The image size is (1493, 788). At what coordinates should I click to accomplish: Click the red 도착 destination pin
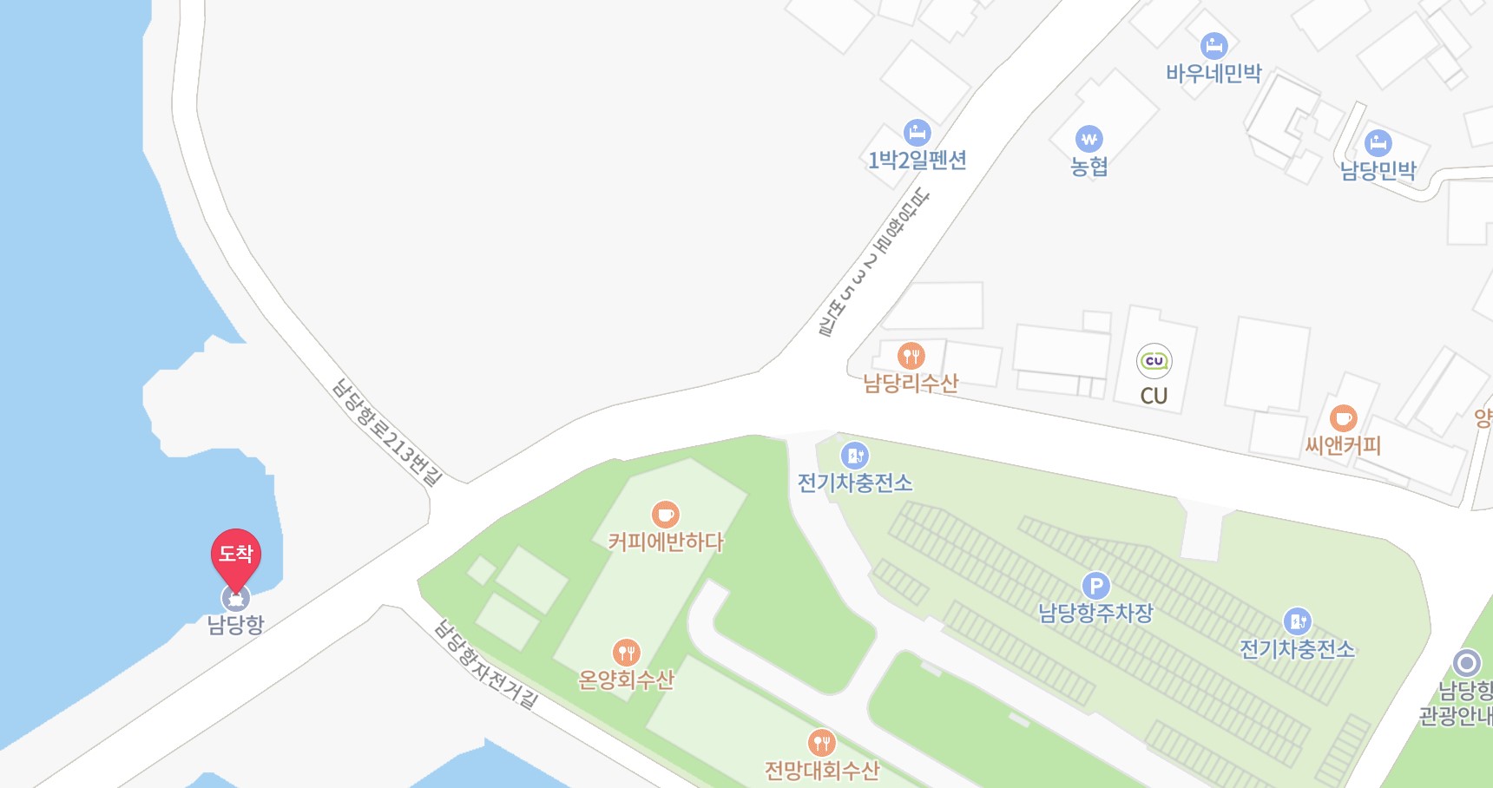point(235,555)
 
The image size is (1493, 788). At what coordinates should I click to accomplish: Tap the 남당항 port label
point(235,624)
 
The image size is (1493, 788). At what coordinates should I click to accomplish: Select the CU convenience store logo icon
point(1154,361)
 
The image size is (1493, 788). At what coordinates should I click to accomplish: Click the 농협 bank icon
point(1089,139)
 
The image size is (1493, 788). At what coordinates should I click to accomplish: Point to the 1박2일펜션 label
point(918,161)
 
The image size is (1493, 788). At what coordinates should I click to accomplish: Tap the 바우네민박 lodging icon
point(1213,45)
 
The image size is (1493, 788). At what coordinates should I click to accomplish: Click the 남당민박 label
point(1378,170)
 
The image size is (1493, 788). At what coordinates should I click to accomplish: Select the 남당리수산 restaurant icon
point(911,355)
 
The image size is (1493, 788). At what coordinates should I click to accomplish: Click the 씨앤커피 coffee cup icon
point(1343,418)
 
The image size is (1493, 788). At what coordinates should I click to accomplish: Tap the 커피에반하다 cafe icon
point(665,515)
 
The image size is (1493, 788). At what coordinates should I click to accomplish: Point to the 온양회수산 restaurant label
point(626,680)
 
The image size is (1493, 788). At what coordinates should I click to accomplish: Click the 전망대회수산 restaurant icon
point(821,742)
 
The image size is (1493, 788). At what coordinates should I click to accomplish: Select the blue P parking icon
point(1095,586)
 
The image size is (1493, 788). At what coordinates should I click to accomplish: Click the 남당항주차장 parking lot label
point(1095,614)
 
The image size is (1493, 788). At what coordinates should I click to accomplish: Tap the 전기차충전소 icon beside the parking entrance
point(855,455)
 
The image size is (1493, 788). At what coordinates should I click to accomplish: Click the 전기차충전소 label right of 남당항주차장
point(1297,649)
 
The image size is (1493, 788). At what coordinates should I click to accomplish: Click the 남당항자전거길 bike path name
point(486,666)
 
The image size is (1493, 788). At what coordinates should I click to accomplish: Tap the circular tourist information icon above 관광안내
point(1466,663)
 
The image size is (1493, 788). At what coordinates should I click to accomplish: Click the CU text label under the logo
point(1154,396)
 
